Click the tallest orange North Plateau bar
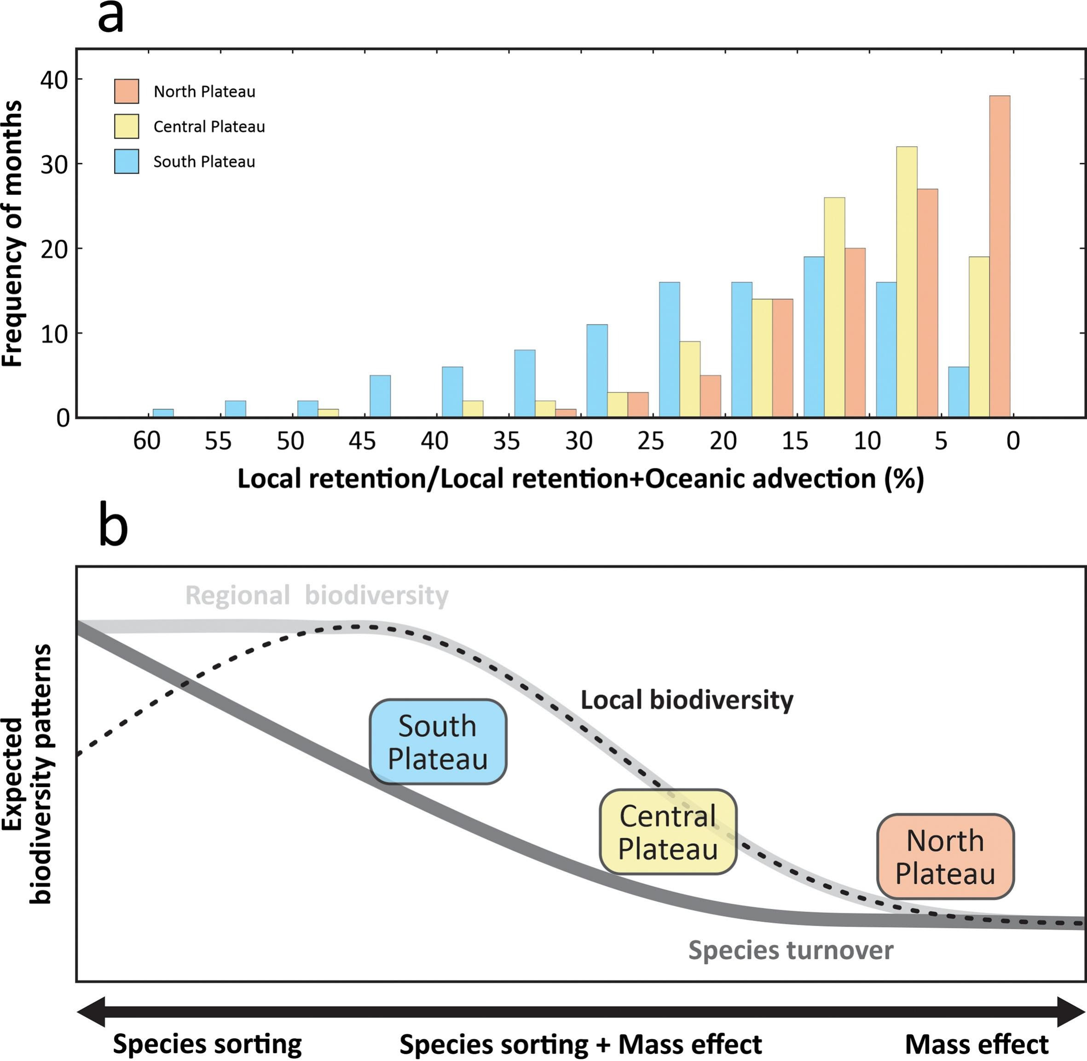(x=1000, y=256)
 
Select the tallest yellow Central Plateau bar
(x=907, y=282)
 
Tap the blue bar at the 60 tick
(x=163, y=413)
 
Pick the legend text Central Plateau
(x=209, y=127)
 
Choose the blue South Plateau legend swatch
(x=127, y=161)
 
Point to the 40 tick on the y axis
(x=54, y=80)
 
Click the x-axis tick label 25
(x=651, y=441)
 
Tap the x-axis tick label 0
(x=1013, y=441)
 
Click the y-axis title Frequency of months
(x=12, y=234)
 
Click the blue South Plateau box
(x=438, y=742)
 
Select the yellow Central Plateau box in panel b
(x=668, y=832)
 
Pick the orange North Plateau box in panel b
(x=945, y=857)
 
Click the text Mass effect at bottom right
(x=977, y=1044)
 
